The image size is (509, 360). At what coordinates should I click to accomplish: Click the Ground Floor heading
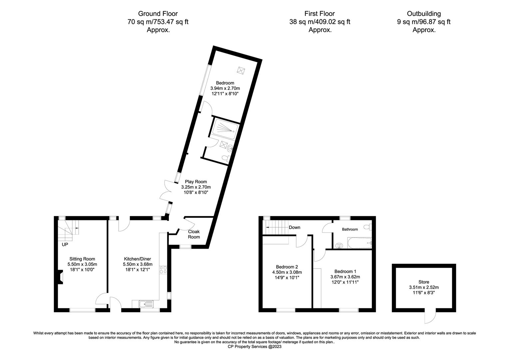point(158,14)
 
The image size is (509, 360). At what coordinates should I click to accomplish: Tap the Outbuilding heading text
point(424,14)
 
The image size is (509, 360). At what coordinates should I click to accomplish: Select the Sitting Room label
point(82,259)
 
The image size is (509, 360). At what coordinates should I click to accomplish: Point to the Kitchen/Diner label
point(138,259)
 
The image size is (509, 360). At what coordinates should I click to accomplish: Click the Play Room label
point(196,182)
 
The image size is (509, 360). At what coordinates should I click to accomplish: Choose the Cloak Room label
point(194,234)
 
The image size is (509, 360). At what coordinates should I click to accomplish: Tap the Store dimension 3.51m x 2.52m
point(424,287)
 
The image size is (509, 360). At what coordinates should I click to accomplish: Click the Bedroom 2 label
point(287,267)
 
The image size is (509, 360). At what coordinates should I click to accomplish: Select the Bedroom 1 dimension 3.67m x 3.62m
point(345,277)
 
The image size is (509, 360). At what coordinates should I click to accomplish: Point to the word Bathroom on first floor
point(350,229)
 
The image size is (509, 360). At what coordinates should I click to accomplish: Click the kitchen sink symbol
point(146,304)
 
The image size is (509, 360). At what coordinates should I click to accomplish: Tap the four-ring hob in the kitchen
point(163,270)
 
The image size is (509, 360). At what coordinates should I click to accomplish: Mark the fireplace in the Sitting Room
point(60,277)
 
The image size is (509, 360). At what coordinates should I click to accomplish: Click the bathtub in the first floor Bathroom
point(359,243)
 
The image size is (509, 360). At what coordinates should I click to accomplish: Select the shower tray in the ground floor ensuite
point(225,129)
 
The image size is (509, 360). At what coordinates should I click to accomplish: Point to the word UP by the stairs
point(65,245)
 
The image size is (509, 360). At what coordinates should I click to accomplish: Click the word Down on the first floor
point(294,227)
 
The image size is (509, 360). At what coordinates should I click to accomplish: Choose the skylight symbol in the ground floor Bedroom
point(241,70)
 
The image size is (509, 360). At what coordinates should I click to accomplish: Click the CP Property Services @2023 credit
point(254,347)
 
